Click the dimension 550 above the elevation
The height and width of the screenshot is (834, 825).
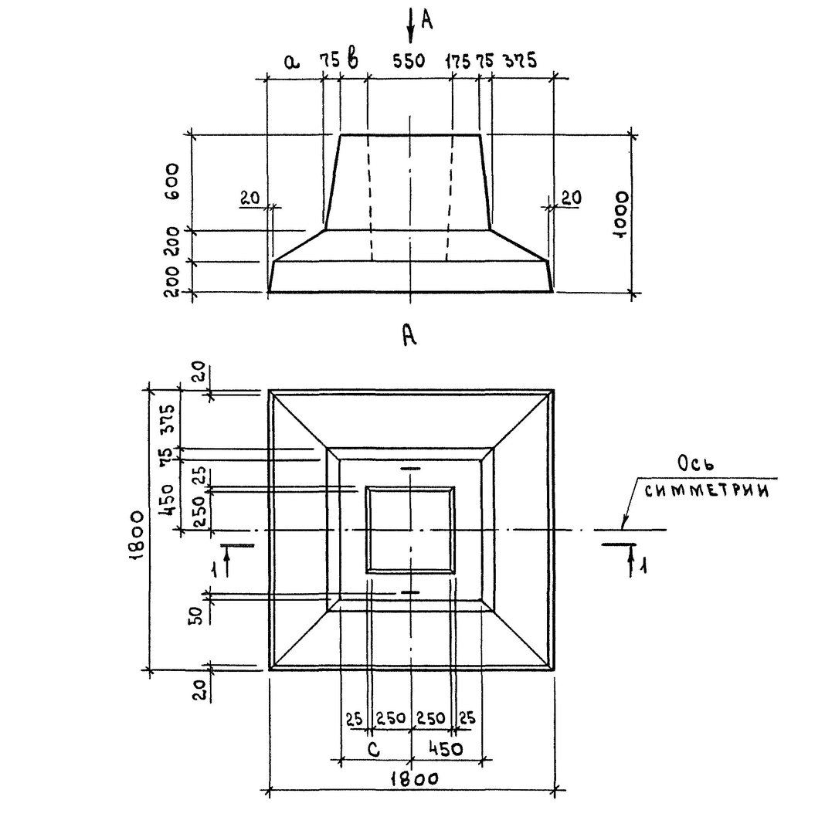409,61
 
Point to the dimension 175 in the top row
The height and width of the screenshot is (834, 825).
457,61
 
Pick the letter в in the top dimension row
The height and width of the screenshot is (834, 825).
352,58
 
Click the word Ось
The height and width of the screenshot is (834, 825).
695,465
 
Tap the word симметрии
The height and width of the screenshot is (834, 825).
707,490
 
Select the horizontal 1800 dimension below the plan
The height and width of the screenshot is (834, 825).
414,780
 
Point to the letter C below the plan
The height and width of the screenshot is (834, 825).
374,749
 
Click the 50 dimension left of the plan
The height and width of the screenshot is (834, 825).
196,615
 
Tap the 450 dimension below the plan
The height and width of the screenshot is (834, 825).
445,749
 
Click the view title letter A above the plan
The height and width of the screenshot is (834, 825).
409,335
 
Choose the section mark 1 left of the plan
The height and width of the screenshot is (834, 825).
214,570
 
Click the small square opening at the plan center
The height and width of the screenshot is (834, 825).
410,530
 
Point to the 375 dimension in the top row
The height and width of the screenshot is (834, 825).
520,60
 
